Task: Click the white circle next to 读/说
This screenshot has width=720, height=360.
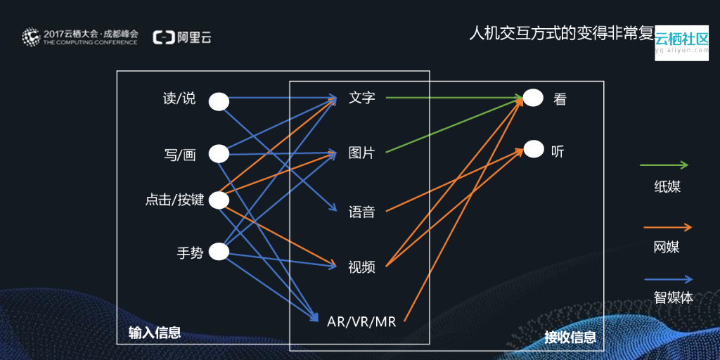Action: [219, 101]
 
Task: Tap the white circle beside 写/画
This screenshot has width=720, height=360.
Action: [219, 154]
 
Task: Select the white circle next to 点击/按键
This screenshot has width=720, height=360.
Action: [219, 200]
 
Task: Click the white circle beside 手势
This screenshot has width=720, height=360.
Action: [219, 252]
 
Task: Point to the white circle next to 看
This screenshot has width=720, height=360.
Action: [534, 98]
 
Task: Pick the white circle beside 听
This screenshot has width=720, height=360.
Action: [534, 149]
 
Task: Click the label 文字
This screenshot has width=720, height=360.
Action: [362, 98]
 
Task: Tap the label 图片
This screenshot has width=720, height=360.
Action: [362, 153]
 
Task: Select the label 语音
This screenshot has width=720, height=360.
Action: [362, 212]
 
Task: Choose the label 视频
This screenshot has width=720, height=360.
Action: [362, 267]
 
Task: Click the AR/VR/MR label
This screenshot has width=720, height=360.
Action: [362, 322]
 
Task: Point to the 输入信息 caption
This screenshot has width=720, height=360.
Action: [155, 333]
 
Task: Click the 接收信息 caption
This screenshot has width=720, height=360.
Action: [570, 337]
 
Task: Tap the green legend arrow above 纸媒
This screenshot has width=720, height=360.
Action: [664, 166]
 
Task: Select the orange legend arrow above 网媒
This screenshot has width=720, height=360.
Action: [667, 227]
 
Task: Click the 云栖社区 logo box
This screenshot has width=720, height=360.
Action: [681, 43]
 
